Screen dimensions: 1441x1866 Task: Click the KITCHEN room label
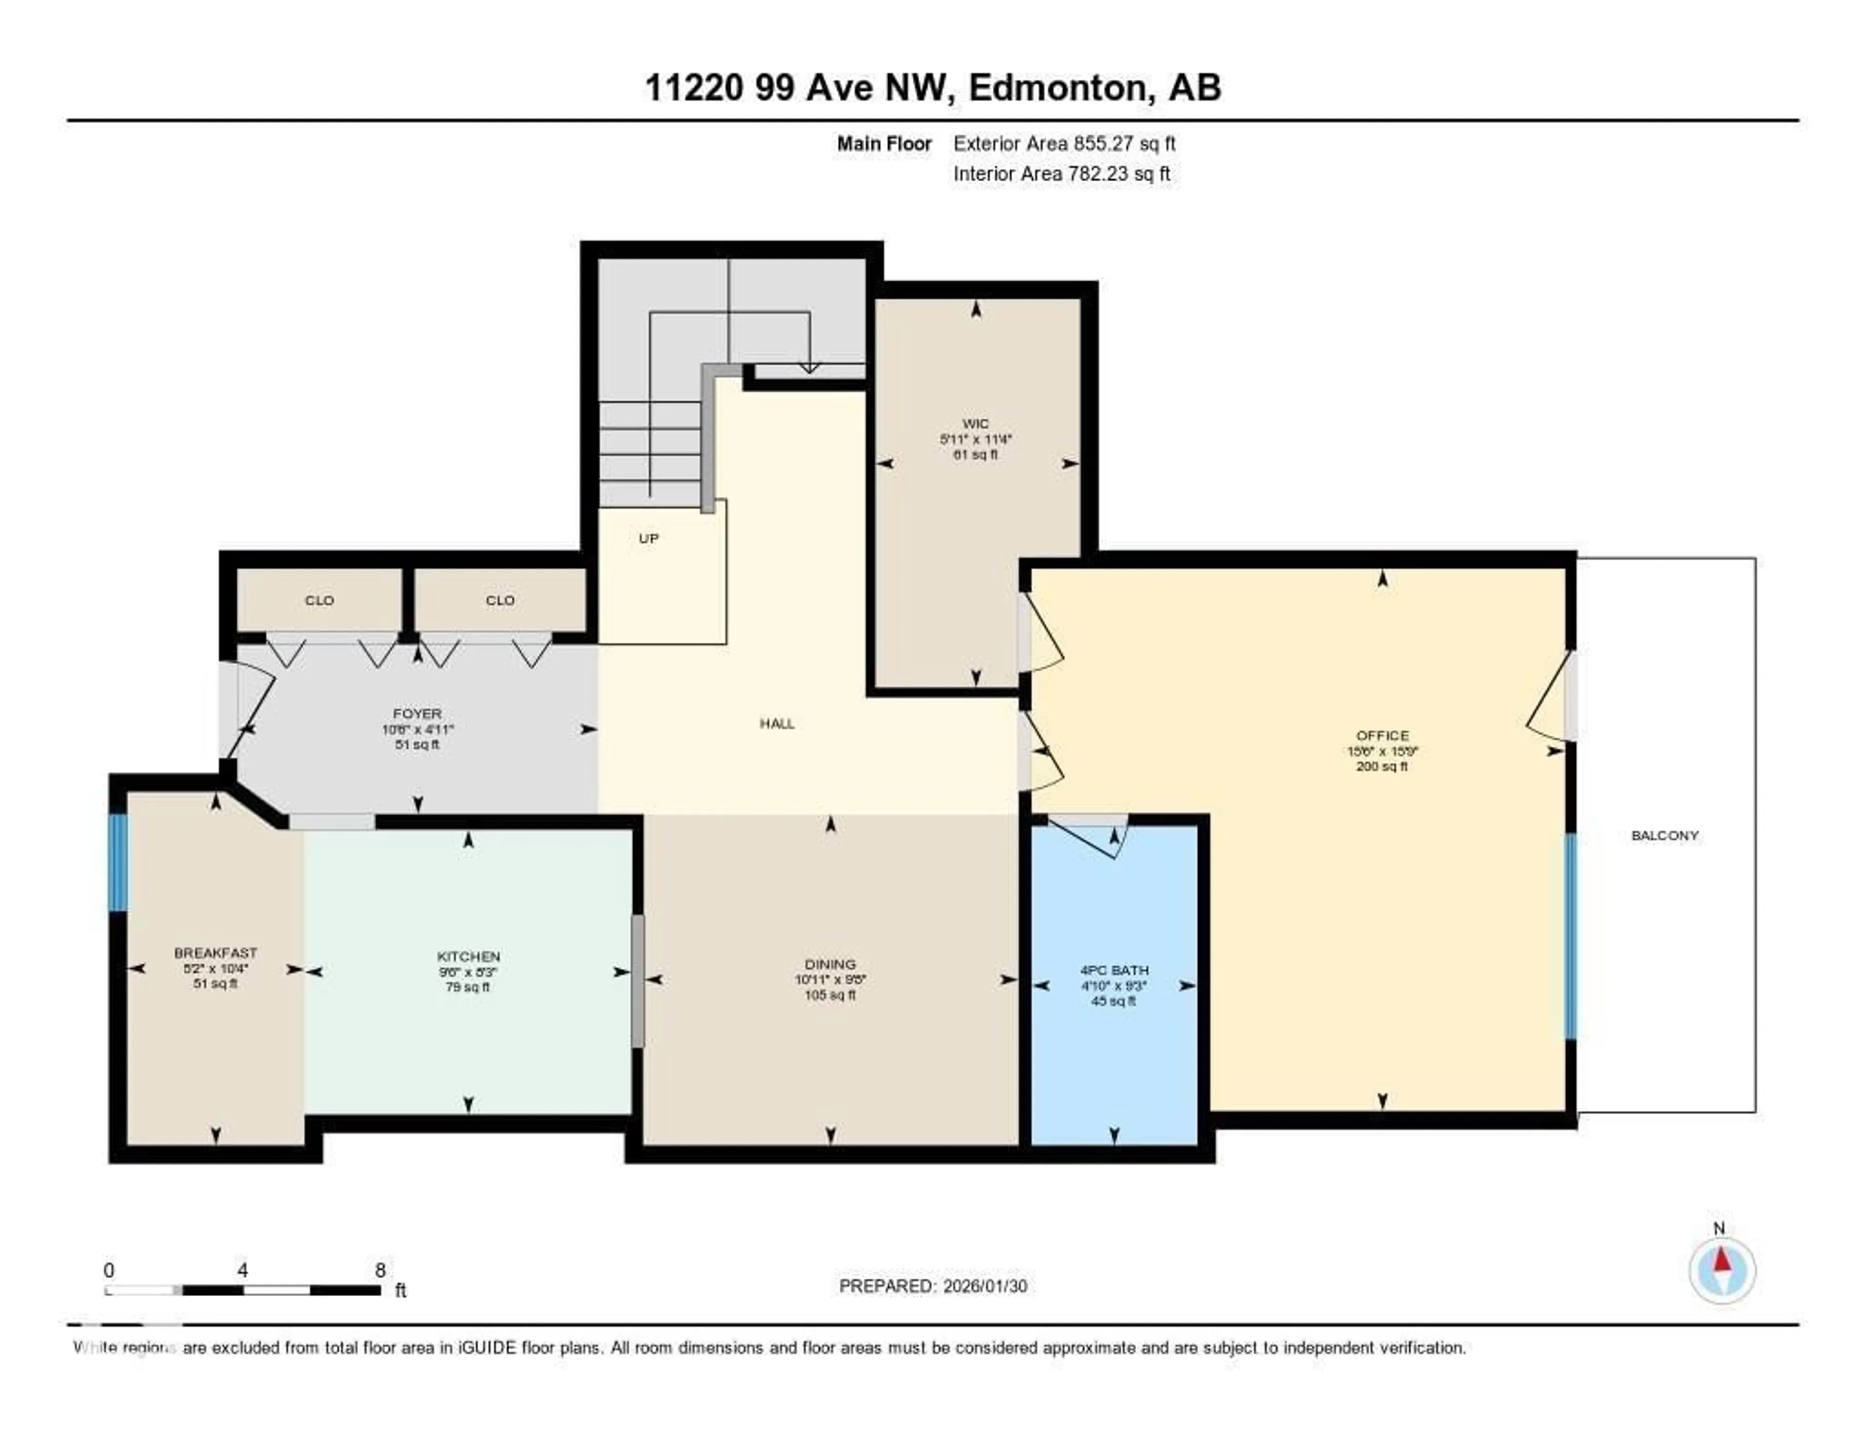[x=468, y=957]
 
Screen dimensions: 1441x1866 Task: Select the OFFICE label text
[x=1382, y=736]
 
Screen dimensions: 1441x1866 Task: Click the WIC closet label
[x=975, y=424]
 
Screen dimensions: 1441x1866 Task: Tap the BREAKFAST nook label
[x=215, y=952]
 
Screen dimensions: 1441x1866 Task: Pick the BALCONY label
[x=1664, y=835]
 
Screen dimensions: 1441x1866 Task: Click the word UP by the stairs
[x=649, y=538]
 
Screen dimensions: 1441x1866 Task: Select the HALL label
[x=777, y=723]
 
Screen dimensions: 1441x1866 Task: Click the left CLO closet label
[x=319, y=600]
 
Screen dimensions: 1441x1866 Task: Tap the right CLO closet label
[x=500, y=600]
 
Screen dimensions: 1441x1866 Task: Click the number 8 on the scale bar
[x=380, y=1270]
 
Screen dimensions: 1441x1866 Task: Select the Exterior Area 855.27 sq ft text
[x=1064, y=143]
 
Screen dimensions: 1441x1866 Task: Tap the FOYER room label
[x=417, y=713]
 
